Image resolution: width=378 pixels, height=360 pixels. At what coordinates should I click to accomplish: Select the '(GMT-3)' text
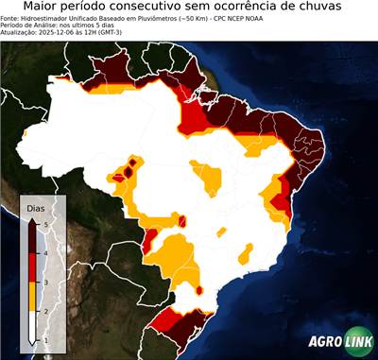point(132,32)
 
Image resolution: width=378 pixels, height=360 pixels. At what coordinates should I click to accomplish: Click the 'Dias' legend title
point(36,207)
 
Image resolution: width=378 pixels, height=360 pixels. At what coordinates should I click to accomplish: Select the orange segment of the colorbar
point(35,297)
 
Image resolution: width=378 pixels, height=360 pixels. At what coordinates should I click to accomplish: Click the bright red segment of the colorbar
point(35,268)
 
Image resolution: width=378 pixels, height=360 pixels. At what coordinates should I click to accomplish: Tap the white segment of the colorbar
point(35,325)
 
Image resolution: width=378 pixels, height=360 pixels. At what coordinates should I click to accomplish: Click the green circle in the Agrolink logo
point(357,341)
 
